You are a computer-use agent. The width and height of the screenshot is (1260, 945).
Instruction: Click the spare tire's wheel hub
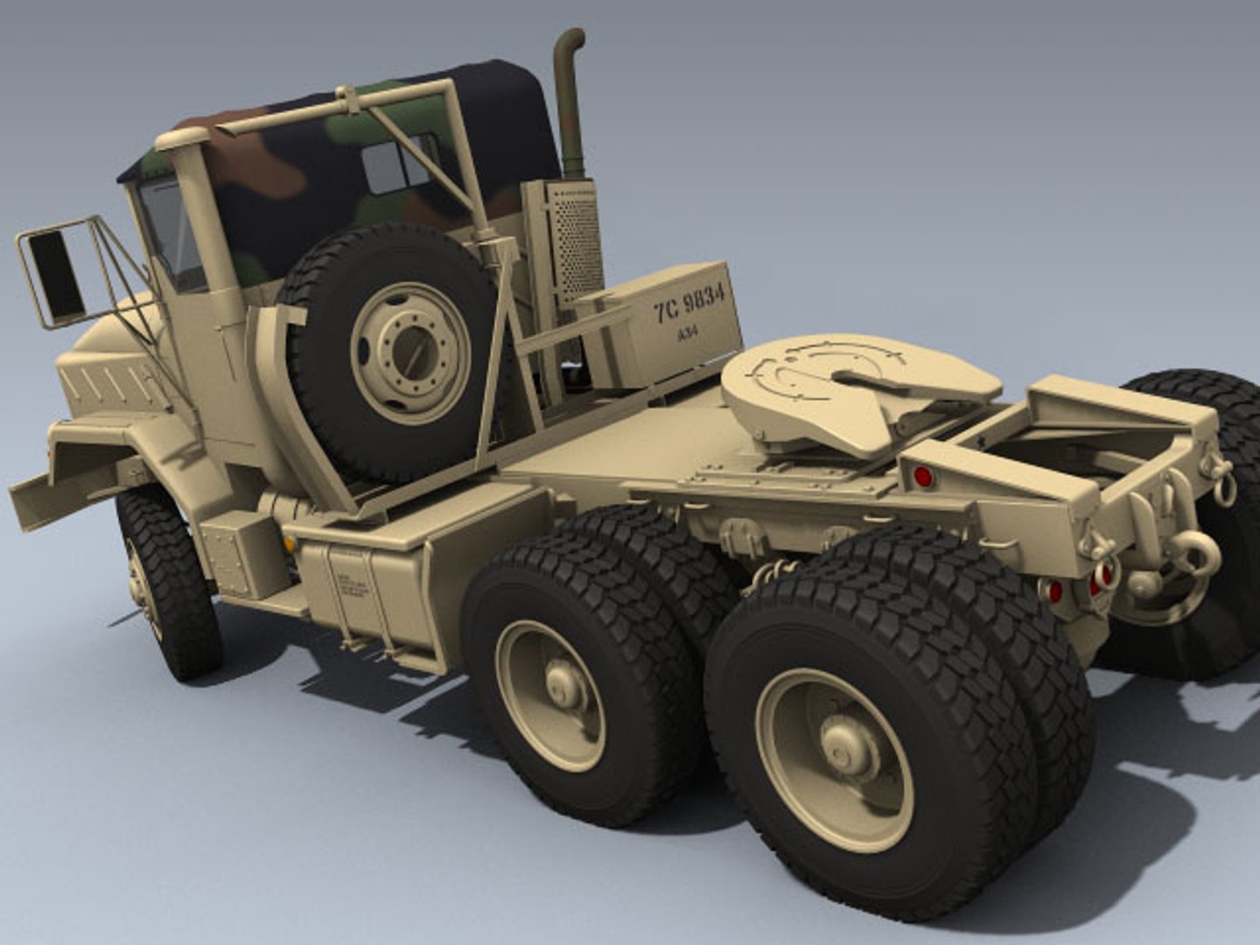pos(408,353)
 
